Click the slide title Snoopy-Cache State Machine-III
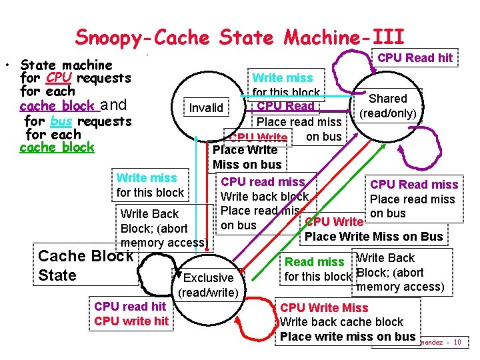[x=239, y=37]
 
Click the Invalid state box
[x=207, y=107]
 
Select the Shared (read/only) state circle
[x=388, y=106]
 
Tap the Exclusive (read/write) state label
[x=208, y=285]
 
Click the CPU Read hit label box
[x=415, y=58]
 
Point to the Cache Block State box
[x=85, y=265]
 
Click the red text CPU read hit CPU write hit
[x=130, y=314]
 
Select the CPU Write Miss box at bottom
[x=347, y=322]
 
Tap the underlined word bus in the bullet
[x=61, y=121]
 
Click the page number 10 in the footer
[x=457, y=342]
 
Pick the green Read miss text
[x=314, y=263]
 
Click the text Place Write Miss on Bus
[x=373, y=236]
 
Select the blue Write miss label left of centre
[x=147, y=178]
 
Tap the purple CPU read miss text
[x=263, y=182]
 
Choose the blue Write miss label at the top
[x=283, y=78]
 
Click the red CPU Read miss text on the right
[x=414, y=185]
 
